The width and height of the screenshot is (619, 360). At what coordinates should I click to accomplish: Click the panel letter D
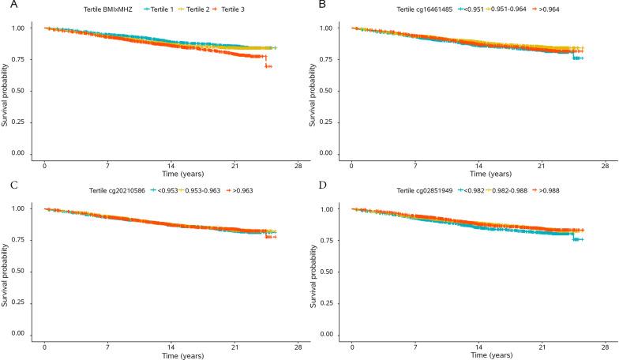313,186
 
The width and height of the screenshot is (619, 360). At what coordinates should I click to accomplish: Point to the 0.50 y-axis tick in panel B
333,91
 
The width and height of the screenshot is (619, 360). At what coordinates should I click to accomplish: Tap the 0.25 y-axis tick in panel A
26,122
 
